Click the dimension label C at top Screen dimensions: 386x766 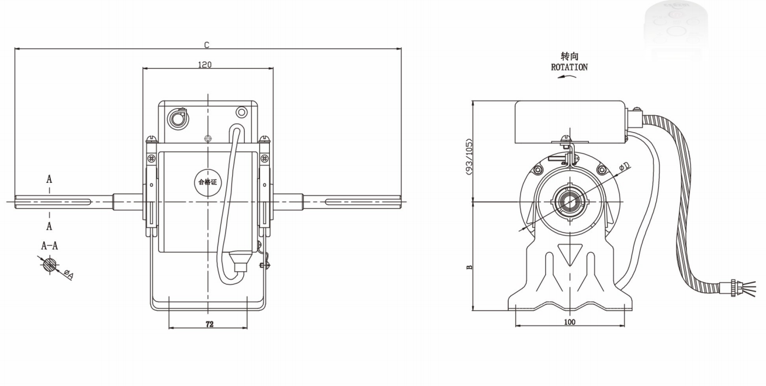207,45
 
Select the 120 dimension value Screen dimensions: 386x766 204,64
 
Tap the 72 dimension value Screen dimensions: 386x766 209,324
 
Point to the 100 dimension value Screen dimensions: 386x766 569,322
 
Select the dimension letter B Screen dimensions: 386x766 469,268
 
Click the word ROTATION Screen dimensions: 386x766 569,68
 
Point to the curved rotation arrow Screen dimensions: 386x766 567,77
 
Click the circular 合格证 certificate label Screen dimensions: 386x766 208,181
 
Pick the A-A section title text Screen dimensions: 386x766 49,246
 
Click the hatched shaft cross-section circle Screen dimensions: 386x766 50,264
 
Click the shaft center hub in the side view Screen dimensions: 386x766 569,201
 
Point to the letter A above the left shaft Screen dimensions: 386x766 49,179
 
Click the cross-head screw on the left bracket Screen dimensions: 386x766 151,158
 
